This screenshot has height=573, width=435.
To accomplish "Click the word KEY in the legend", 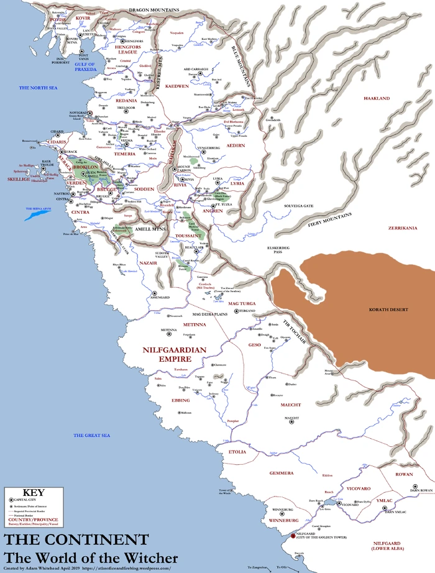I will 32,492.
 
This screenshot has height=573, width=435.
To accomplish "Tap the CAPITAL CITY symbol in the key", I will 11,500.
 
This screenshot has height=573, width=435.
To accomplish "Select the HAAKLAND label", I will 376,99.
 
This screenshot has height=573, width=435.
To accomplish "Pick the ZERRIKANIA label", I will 402,228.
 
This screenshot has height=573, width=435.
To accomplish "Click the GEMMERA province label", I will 281,473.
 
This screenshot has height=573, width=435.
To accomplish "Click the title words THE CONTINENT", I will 76,539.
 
